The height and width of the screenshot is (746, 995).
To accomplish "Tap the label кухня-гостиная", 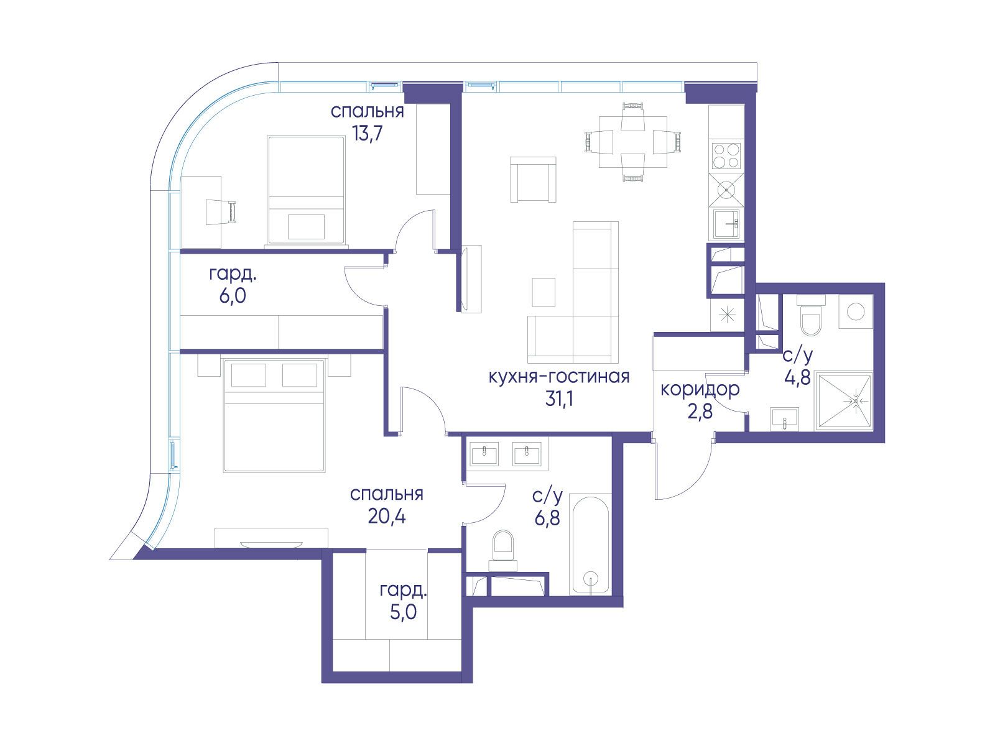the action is pyautogui.click(x=559, y=376).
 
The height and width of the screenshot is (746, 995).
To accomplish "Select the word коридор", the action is pyautogui.click(x=700, y=390).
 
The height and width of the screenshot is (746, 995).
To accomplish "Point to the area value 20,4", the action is pyautogui.click(x=386, y=516).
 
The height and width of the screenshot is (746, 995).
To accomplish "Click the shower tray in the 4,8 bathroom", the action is pyautogui.click(x=844, y=401).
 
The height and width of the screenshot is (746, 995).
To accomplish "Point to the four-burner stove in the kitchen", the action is pyautogui.click(x=726, y=156).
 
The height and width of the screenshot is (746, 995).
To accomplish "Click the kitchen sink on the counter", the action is pyautogui.click(x=726, y=223).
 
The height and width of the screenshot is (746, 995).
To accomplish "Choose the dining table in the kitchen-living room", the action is pyautogui.click(x=633, y=142).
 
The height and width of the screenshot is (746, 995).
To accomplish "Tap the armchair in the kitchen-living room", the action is pyautogui.click(x=533, y=180).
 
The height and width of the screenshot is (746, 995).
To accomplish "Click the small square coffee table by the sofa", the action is pyautogui.click(x=544, y=292).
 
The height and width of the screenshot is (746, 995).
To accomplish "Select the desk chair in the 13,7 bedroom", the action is pyautogui.click(x=221, y=211).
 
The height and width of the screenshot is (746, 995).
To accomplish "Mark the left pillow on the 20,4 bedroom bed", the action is pyautogui.click(x=248, y=375).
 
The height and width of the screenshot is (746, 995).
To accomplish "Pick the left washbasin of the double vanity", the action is pyautogui.click(x=484, y=454).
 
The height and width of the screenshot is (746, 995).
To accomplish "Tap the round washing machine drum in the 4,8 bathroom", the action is pyautogui.click(x=856, y=311).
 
